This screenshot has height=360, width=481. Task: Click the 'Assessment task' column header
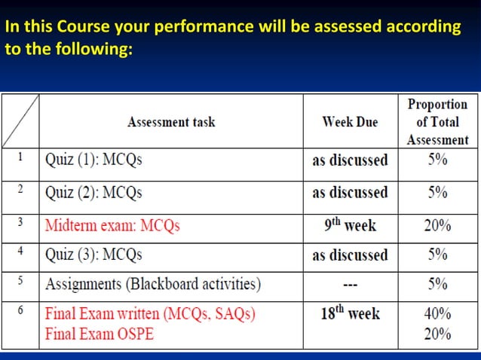coord(171,122)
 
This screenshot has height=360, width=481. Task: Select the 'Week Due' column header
coord(350,122)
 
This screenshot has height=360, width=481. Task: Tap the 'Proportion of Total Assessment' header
coord(437,122)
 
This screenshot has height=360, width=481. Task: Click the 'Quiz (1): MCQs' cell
coord(93,160)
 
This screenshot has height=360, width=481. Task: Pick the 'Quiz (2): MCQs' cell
coord(93,192)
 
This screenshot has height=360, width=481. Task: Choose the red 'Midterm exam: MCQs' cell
coord(112,224)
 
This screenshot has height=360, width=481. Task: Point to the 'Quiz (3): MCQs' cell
coord(93,255)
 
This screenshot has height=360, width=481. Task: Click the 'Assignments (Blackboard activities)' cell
coord(153,285)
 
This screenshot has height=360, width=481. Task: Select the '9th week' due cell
coord(350,224)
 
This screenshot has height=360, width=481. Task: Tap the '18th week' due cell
coord(350,313)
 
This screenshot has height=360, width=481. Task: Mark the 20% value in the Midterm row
coord(437,224)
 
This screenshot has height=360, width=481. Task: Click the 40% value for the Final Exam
coord(437,313)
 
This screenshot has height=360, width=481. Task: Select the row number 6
coord(20,310)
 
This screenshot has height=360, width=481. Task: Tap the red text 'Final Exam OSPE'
coord(100,333)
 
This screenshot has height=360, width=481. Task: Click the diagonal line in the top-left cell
coord(20,122)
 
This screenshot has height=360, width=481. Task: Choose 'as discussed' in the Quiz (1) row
coord(350,160)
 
